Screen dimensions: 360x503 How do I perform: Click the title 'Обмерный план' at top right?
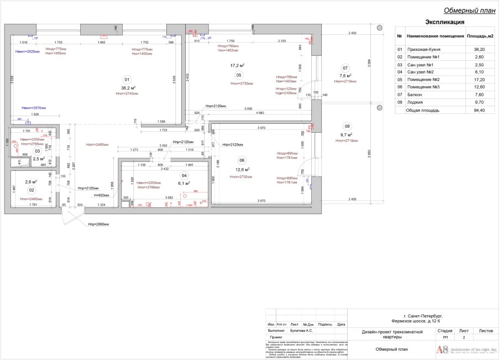[x=469, y=11]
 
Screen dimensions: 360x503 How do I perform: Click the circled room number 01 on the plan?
[x=127, y=79]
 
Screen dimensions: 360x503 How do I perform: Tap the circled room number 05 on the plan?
[x=239, y=75]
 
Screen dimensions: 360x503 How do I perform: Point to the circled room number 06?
[x=242, y=160]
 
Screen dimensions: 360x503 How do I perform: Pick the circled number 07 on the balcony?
[x=345, y=68]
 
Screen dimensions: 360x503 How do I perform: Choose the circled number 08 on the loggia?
[x=347, y=126]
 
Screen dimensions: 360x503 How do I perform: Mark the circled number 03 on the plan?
[x=37, y=150]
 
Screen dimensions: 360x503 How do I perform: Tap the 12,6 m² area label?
[x=244, y=170]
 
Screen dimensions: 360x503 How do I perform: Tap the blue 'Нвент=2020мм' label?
[x=27, y=51]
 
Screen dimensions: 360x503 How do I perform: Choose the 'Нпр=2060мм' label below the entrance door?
[x=98, y=225]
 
